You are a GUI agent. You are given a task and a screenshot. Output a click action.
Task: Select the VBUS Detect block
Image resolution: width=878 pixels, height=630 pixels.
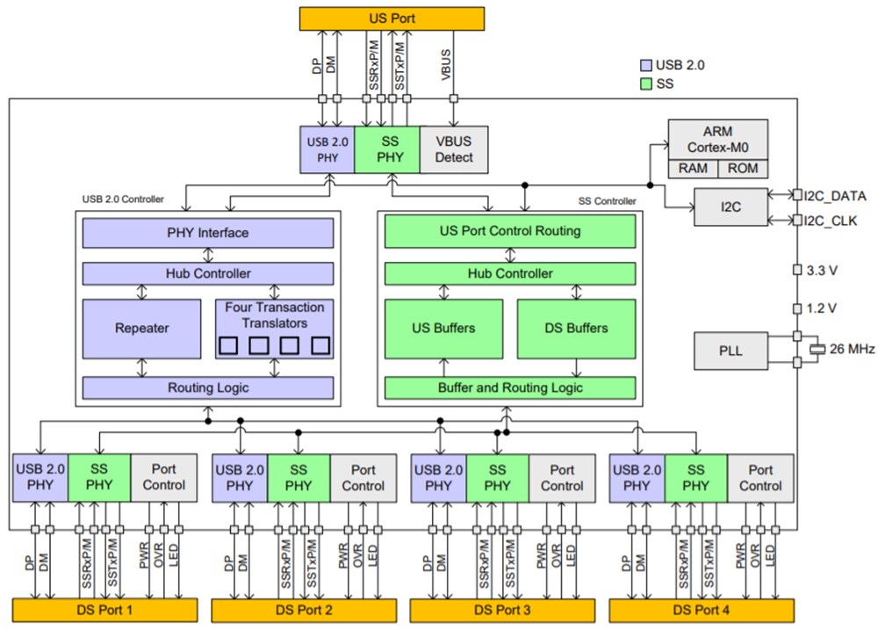coord(454,149)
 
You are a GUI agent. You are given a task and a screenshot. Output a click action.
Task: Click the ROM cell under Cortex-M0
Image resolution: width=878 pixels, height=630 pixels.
coord(743,169)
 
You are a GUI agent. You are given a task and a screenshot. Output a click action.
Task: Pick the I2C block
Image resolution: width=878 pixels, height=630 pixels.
coord(730,207)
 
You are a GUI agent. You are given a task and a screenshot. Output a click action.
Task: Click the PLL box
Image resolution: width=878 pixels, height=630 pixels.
coord(730,350)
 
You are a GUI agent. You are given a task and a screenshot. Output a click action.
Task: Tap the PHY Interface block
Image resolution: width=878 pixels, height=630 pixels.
coord(208,233)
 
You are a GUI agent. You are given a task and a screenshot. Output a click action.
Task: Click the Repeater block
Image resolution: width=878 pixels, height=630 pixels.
coord(141,329)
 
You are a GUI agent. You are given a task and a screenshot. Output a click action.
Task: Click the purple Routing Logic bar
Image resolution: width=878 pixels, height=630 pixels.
coord(208,387)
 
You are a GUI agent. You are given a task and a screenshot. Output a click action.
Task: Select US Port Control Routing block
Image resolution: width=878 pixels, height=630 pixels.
coord(509,232)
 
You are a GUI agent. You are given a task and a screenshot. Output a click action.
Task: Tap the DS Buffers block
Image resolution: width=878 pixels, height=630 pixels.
coord(576,329)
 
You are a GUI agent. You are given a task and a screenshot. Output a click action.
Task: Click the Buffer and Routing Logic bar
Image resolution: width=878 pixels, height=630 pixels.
coord(509,387)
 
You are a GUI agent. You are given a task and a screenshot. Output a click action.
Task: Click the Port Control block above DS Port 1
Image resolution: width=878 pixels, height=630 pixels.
coord(164,477)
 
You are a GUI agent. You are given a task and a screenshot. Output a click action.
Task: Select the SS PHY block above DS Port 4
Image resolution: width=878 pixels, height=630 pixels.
coord(695,477)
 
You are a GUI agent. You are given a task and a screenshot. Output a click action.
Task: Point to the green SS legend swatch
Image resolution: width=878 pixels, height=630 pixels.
coord(647,83)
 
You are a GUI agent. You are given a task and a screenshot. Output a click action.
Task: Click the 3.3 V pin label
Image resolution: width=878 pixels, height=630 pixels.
coord(822,271)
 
